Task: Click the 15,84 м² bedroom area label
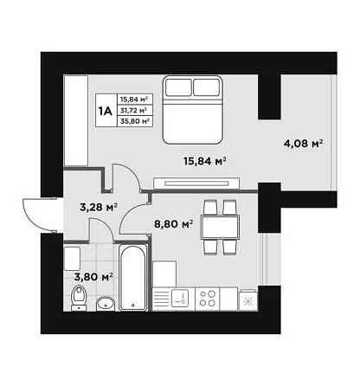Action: (204, 161)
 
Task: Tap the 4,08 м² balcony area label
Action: (303, 143)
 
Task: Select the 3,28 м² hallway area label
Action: (99, 207)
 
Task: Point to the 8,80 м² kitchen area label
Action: (174, 223)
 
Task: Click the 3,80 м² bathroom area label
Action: (93, 277)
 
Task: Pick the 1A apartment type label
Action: (106, 111)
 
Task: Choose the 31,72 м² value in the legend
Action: (133, 110)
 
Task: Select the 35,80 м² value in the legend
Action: (135, 121)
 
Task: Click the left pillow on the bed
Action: (179, 87)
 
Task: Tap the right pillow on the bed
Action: (207, 87)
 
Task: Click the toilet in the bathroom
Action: (79, 298)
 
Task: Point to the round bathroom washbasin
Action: (106, 303)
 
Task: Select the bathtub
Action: (133, 278)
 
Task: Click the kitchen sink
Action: (180, 299)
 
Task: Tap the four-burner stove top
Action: (208, 299)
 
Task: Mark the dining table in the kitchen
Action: (221, 227)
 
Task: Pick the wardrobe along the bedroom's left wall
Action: (75, 120)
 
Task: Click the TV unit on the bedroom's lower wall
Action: (196, 183)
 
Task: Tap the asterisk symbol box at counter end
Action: (247, 300)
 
